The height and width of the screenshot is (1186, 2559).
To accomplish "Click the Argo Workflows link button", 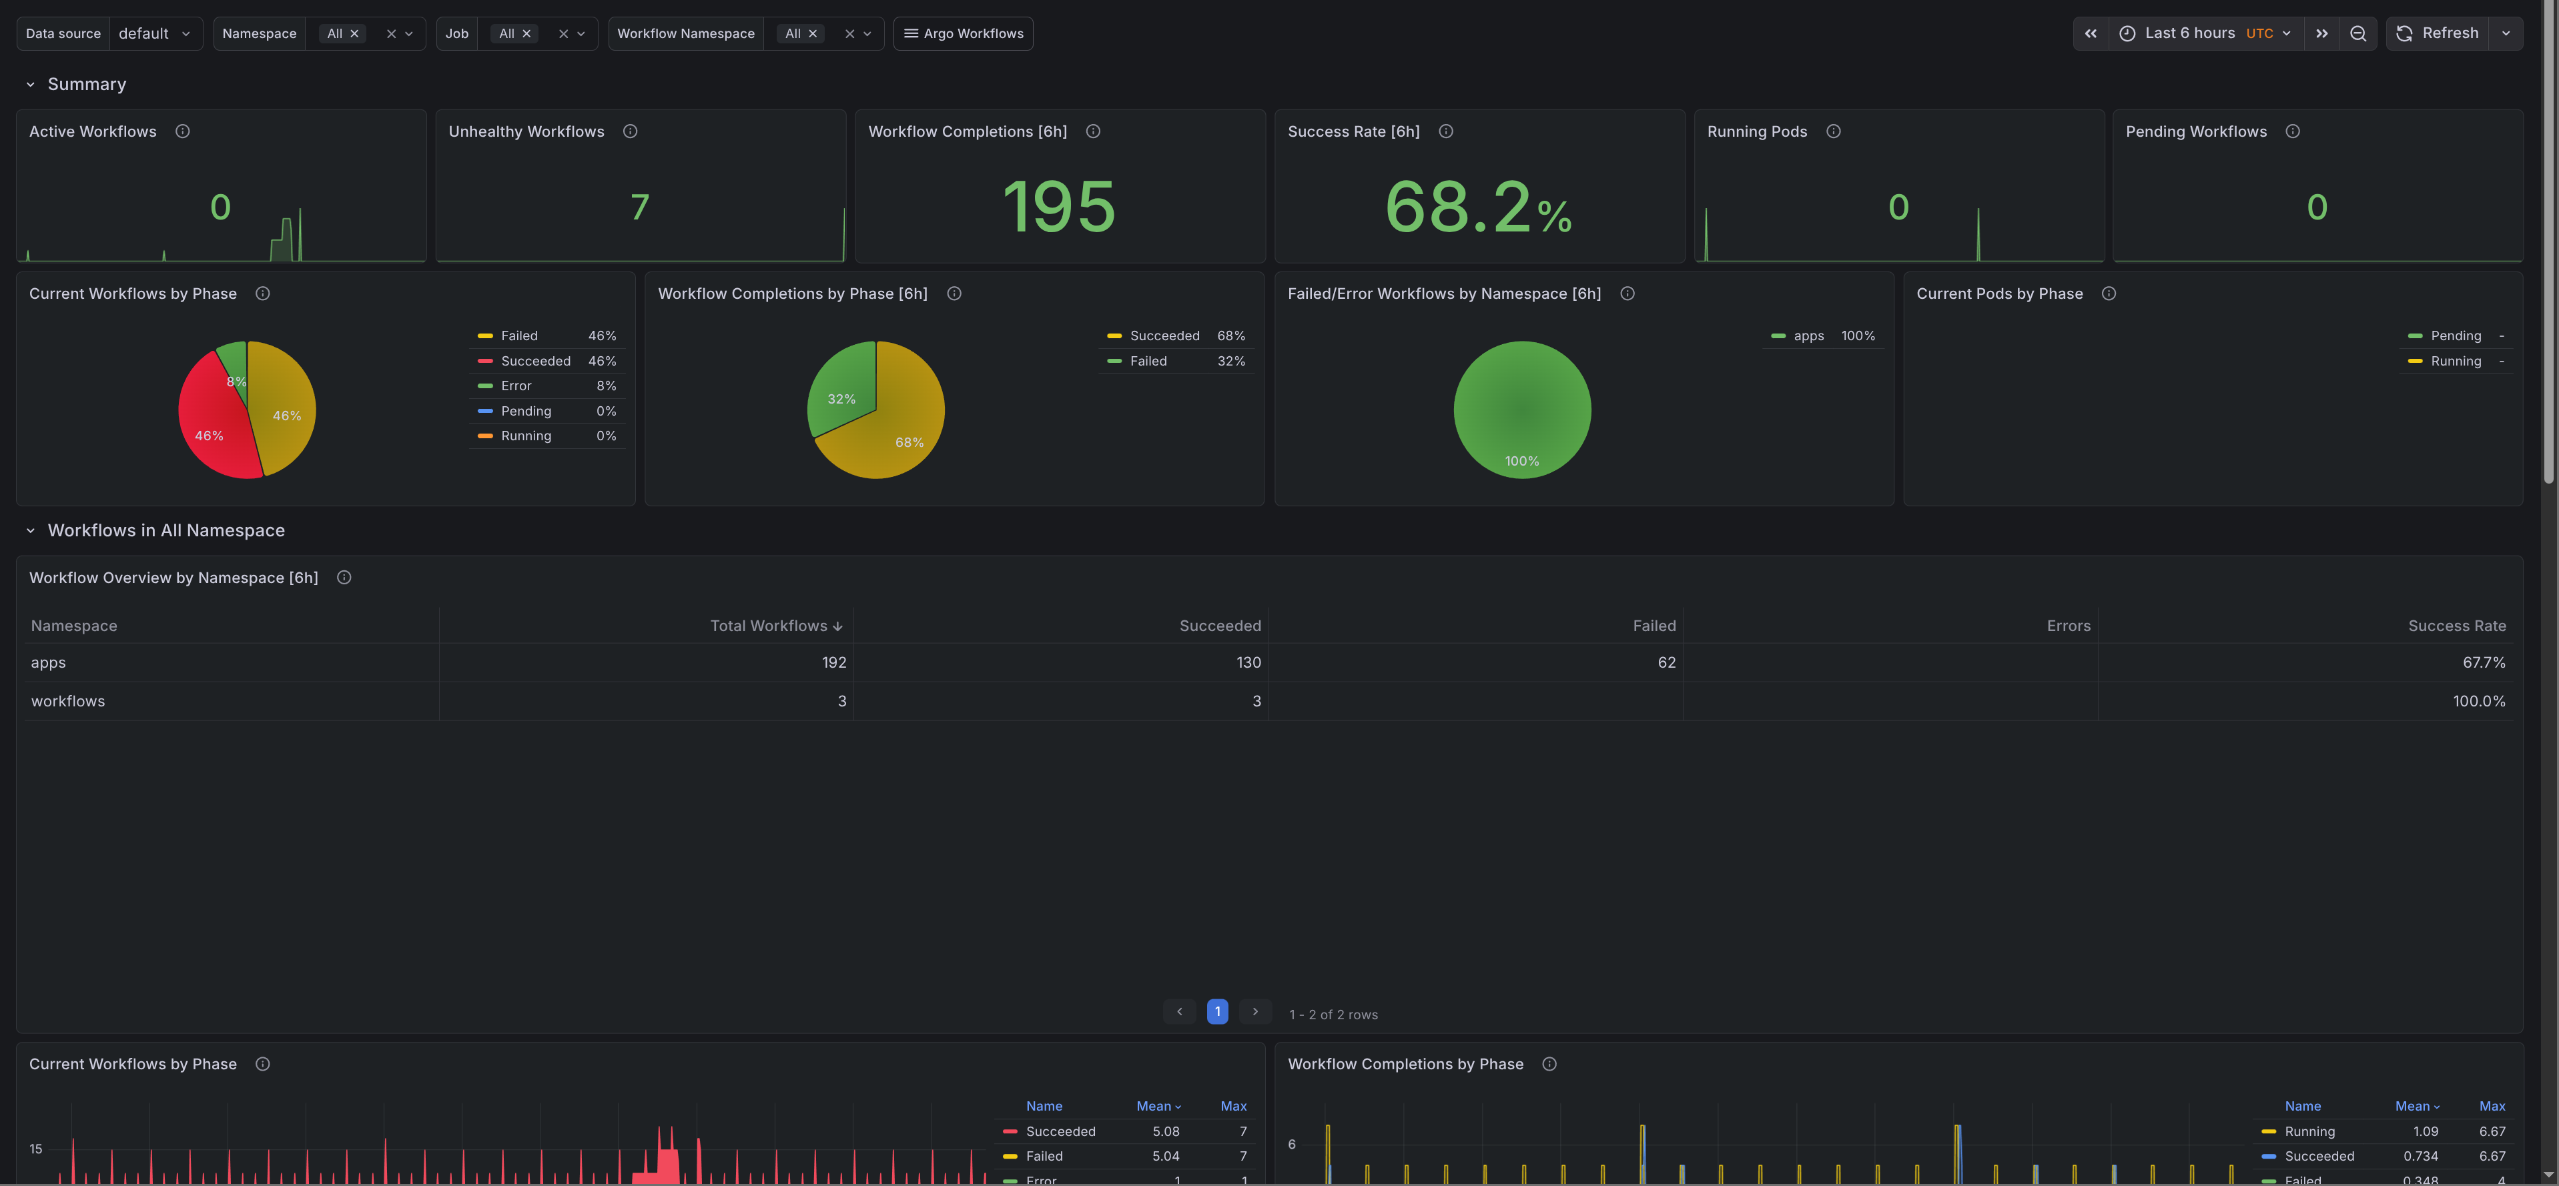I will [x=963, y=33].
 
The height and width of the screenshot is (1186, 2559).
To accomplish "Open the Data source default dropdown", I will [x=155, y=33].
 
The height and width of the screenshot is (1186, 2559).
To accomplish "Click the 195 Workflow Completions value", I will [x=1059, y=207].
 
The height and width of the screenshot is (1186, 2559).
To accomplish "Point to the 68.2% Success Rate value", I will [x=1477, y=207].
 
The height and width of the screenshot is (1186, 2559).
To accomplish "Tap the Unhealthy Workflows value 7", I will [x=640, y=207].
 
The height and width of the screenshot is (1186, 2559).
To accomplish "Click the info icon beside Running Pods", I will [x=1833, y=131].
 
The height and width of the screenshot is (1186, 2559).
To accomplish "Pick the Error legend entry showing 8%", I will [x=516, y=386].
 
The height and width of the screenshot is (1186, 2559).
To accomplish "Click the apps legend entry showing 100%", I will [x=1808, y=336].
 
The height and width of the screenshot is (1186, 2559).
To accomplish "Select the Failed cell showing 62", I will [x=1666, y=662].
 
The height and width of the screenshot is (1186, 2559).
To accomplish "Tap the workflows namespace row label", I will [x=67, y=701].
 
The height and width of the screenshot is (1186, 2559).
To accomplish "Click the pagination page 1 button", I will [x=1217, y=1011].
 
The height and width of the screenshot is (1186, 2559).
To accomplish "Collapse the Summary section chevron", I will [x=31, y=85].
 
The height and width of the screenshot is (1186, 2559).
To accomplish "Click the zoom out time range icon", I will [x=2357, y=33].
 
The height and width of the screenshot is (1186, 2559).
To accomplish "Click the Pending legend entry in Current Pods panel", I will [x=2455, y=336].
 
